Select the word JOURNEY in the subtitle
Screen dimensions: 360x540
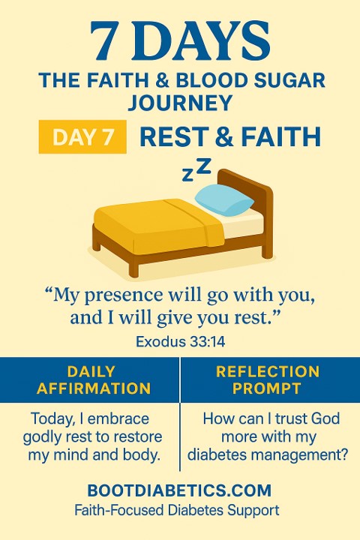coord(180,102)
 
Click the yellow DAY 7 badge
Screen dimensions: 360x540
coord(82,136)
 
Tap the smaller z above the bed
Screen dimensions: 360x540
coord(187,175)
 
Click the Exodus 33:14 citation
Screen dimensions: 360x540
coord(180,342)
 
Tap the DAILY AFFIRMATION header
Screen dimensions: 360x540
coord(93,379)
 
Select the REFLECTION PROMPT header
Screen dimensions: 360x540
coord(268,379)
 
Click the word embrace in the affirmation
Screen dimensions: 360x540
coord(118,418)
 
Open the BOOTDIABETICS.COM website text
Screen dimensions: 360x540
coord(179,490)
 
